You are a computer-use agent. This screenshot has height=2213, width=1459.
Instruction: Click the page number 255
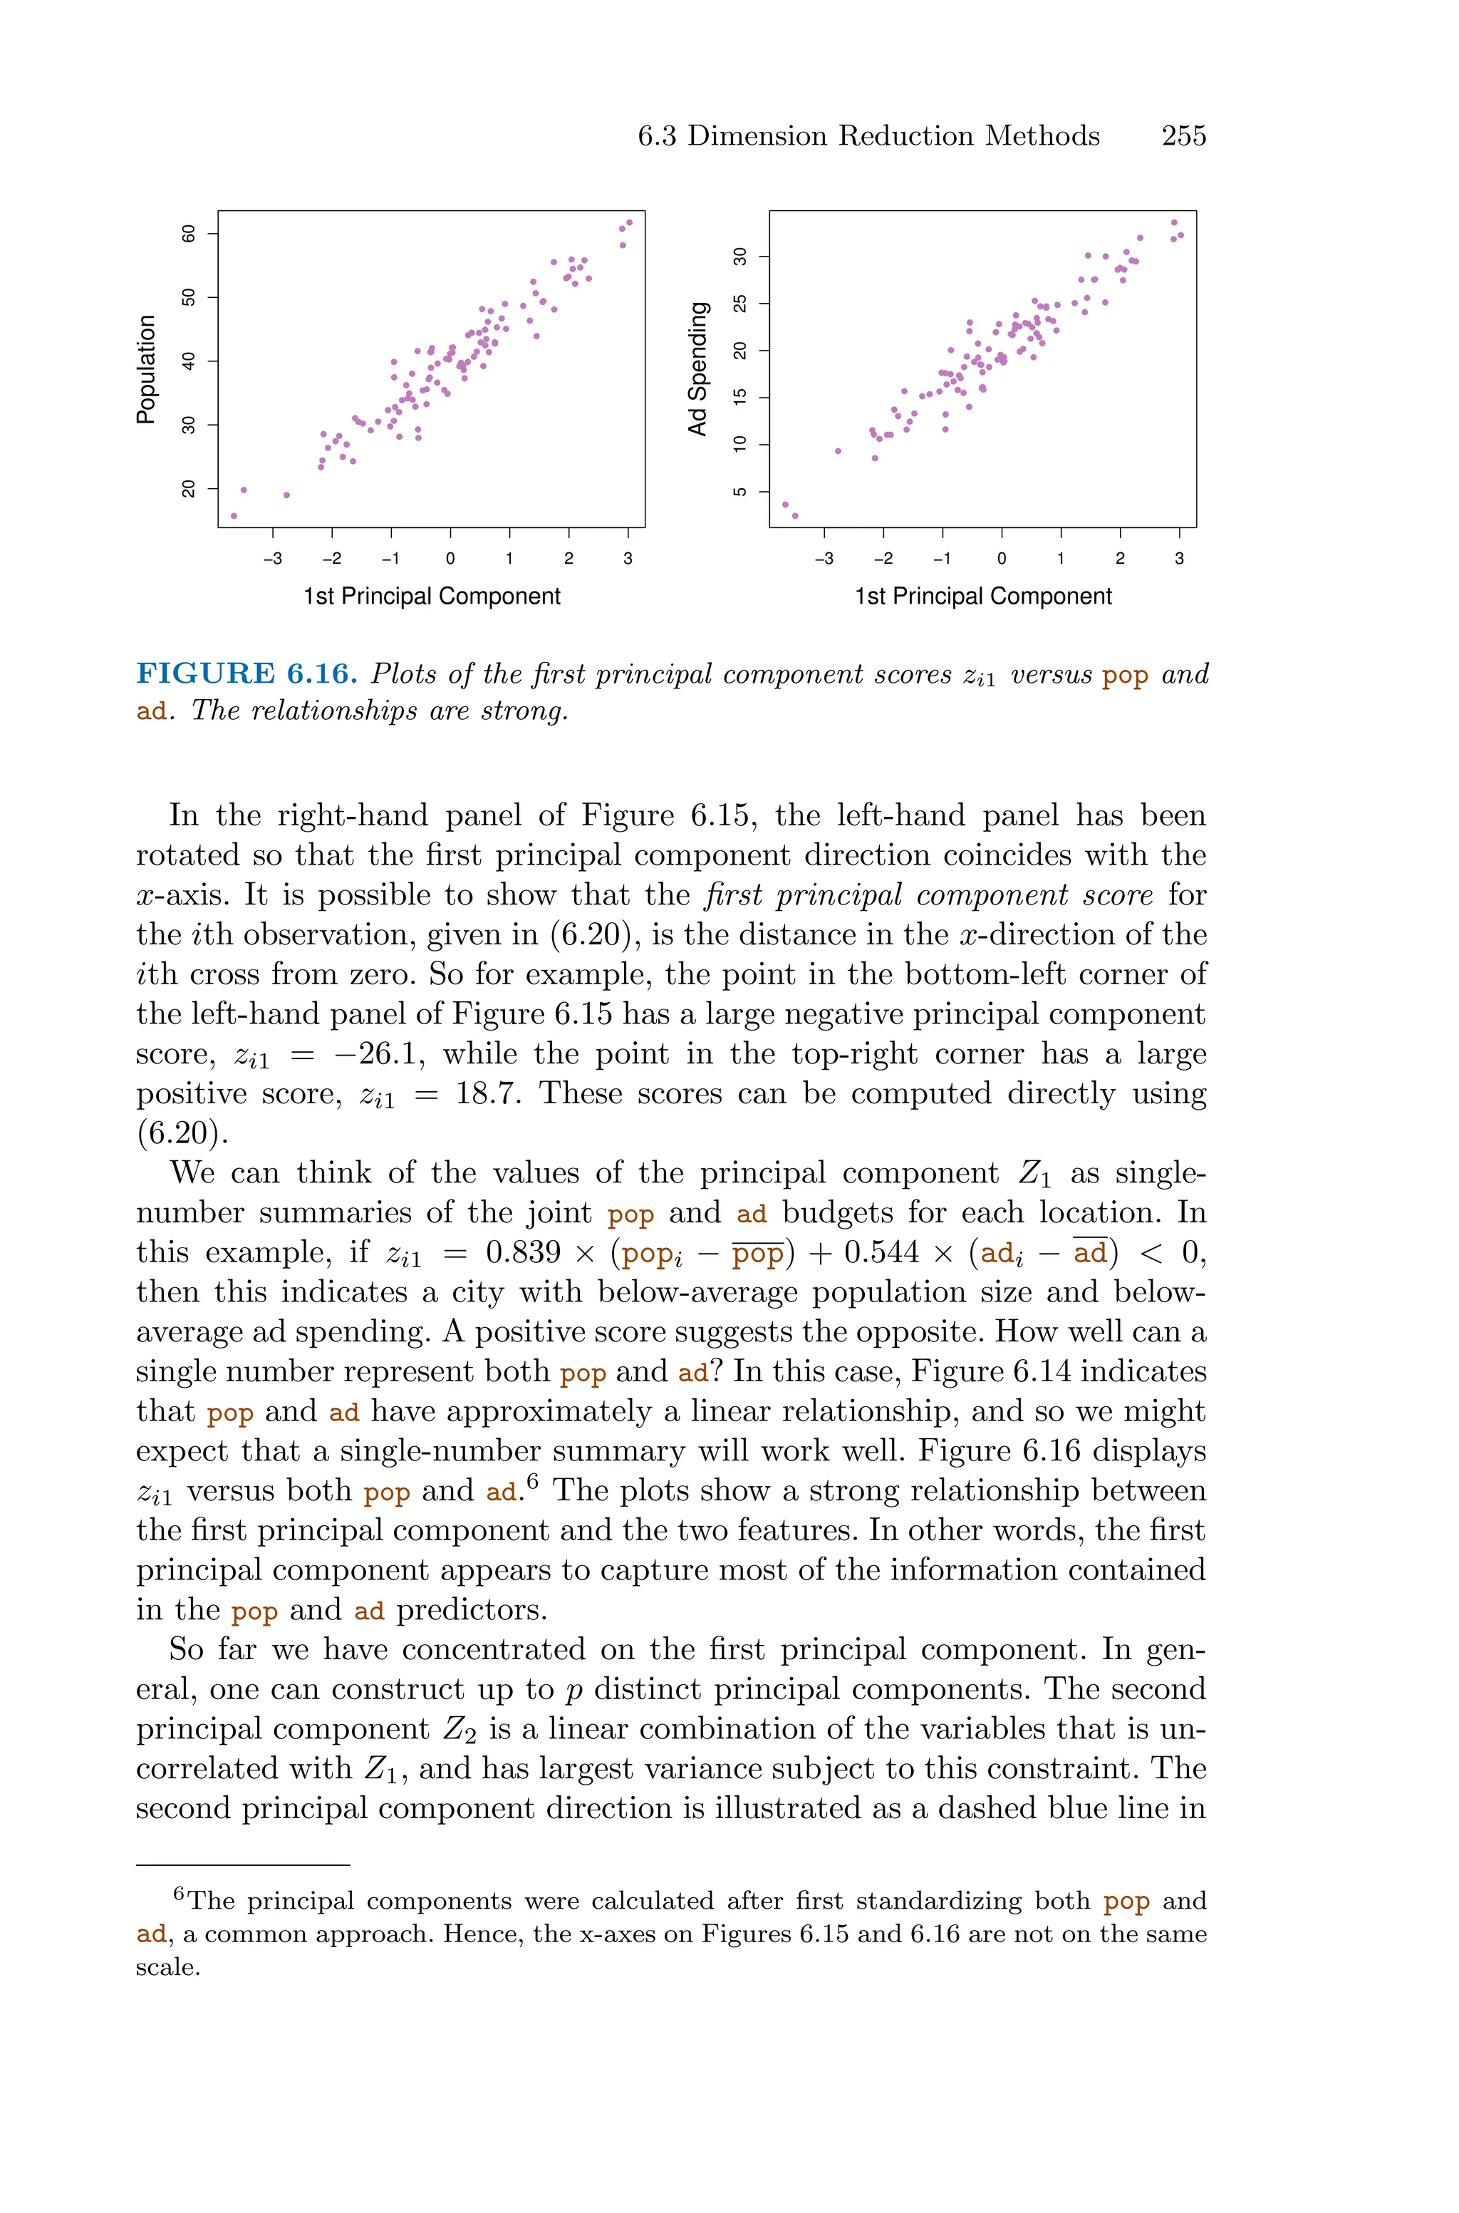pos(1183,136)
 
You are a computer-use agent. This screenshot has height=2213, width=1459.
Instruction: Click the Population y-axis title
pos(146,369)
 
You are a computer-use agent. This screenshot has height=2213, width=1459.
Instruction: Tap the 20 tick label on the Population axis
pos(189,489)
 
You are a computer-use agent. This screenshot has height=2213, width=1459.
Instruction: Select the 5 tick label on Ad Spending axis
pos(741,491)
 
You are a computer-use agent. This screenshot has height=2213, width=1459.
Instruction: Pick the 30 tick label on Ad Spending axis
pos(741,256)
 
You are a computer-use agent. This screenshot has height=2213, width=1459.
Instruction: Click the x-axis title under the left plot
pos(432,597)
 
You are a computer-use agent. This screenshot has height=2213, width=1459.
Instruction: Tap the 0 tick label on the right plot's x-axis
pos(1001,558)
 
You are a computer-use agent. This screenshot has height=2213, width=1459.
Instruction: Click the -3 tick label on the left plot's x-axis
pos(273,558)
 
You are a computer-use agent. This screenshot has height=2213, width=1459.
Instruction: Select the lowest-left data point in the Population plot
pos(234,515)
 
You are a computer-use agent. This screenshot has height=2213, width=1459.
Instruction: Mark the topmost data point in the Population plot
pos(630,222)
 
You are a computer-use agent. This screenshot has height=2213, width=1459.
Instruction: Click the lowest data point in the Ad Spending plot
pos(794,515)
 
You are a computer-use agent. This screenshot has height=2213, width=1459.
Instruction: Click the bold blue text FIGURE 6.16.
pos(246,674)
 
